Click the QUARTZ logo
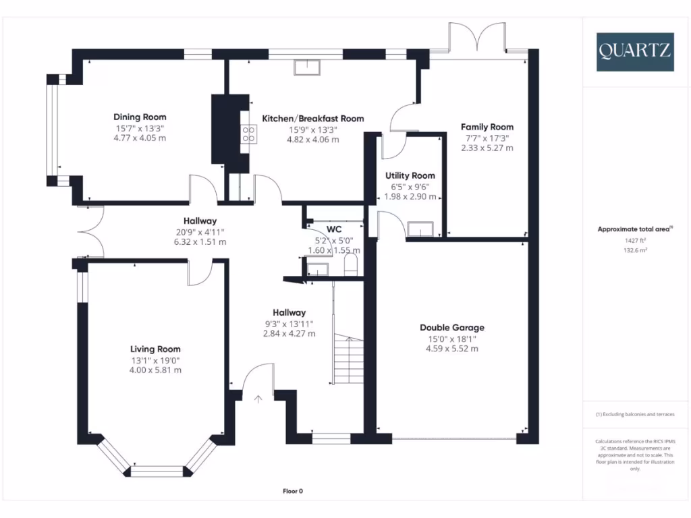coord(634,51)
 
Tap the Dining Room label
coord(140,117)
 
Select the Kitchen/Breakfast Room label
coord(312,118)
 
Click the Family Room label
coord(487,126)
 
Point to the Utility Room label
coord(410,175)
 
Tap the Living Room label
coord(155,349)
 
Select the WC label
coord(334,229)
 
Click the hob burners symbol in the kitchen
coord(247,134)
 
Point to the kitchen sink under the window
coord(307,66)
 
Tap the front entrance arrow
coord(258,399)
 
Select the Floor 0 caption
coord(297,491)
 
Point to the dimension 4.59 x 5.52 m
coord(451,349)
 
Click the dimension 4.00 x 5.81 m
coord(155,370)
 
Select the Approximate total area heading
coord(634,229)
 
